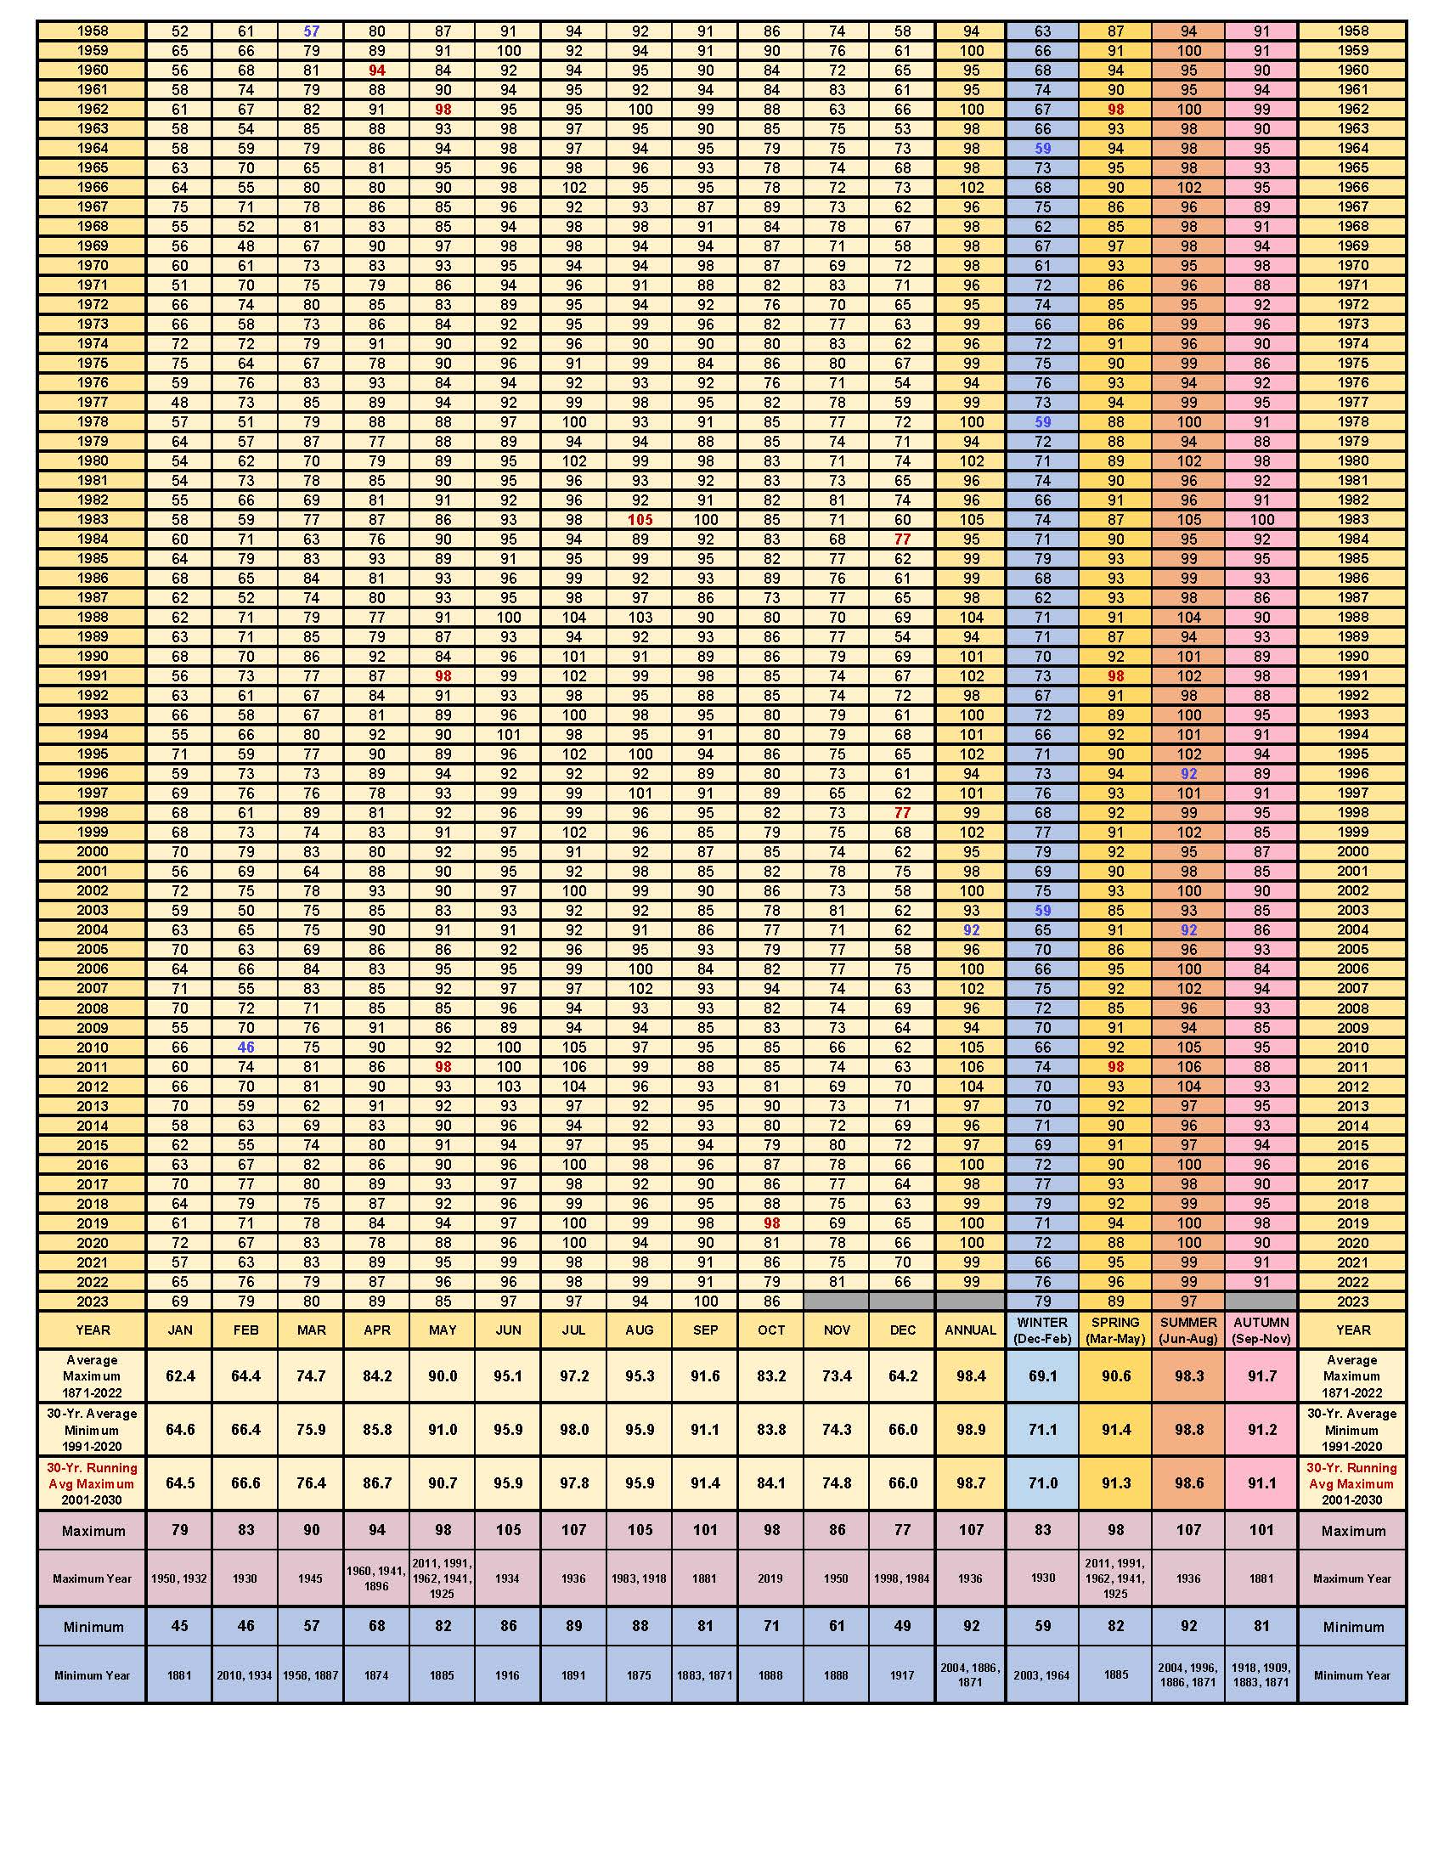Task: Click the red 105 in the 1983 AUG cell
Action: (x=640, y=520)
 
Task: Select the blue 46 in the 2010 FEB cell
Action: (x=245, y=1047)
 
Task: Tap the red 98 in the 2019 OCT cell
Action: (x=771, y=1223)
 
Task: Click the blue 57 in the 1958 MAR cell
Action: (x=312, y=31)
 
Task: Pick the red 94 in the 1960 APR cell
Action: (x=376, y=71)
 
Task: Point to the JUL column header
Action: (x=574, y=1330)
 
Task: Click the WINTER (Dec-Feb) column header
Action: (x=1042, y=1330)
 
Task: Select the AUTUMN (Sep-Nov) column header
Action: (x=1261, y=1330)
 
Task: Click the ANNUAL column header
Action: (x=970, y=1330)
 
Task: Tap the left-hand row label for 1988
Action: (x=93, y=617)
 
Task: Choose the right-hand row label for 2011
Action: (x=1352, y=1067)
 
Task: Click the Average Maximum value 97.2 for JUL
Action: (x=574, y=1376)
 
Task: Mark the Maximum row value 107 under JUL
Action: (x=574, y=1530)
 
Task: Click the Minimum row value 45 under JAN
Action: (x=179, y=1626)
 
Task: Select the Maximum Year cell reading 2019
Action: (x=771, y=1578)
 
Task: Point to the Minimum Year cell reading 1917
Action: (x=902, y=1674)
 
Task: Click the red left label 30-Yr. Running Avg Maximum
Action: (x=93, y=1483)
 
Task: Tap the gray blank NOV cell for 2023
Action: (x=837, y=1301)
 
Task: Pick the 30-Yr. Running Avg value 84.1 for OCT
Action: (x=771, y=1483)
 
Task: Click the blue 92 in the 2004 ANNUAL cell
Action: (x=971, y=930)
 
